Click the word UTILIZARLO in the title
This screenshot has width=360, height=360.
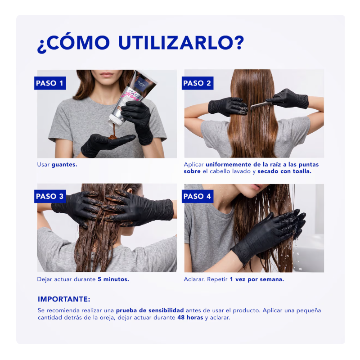point(181,42)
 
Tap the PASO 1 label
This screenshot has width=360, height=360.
point(50,83)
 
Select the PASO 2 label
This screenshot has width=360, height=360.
point(198,83)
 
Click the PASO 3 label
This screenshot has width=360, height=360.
point(50,196)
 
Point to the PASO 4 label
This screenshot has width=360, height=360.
point(198,196)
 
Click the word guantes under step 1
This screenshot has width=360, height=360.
point(64,165)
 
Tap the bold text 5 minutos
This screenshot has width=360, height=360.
point(113,279)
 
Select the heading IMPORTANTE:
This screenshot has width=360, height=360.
point(64,299)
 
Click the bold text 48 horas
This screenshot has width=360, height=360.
point(190,318)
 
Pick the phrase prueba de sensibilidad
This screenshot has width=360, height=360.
point(150,310)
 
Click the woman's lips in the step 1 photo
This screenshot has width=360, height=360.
point(107,75)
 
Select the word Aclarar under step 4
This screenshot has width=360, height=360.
point(194,279)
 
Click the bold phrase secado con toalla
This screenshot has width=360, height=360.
point(284,171)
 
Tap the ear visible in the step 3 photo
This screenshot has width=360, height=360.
point(130,192)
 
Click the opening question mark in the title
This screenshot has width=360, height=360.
point(42,47)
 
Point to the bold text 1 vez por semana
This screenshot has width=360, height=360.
point(257,279)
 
